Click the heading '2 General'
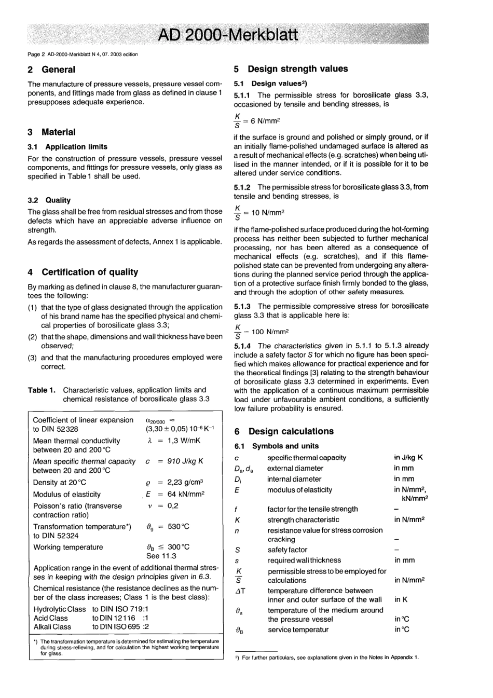51,70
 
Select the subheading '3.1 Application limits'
67,147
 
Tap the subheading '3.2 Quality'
49,200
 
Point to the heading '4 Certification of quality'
83,272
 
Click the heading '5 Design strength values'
291,69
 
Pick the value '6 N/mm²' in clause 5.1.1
265,121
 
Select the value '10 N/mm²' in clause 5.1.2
267,213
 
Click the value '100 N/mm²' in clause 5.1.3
270,332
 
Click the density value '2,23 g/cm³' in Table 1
185,482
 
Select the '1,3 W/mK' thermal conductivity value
184,441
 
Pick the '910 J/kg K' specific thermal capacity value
185,461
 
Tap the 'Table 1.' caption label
42,390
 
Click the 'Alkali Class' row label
52,627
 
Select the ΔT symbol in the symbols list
240,591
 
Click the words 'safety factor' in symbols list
287,550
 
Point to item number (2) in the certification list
32,337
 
